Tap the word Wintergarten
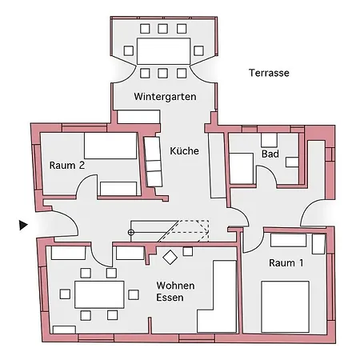pos(165,97)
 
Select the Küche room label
pos(184,150)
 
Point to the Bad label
pos(270,154)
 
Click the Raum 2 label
pos(66,166)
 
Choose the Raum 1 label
pos(286,262)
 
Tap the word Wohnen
pos(176,286)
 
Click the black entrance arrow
pos(23,226)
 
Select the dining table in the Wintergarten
pos(164,50)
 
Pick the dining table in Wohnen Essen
pos(99,294)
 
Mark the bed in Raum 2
pos(110,146)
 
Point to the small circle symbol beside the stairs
pos(131,232)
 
